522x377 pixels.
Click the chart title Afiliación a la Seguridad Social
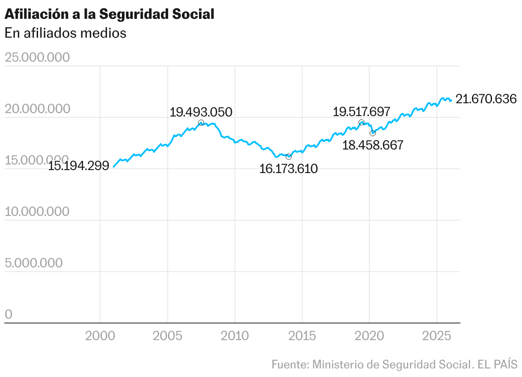pyautogui.click(x=109, y=14)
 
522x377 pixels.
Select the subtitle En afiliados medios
pyautogui.click(x=65, y=33)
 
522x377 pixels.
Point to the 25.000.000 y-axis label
pyautogui.click(x=37, y=57)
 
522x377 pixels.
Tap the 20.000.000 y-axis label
pyautogui.click(x=37, y=109)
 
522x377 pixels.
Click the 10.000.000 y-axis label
pyautogui.click(x=37, y=212)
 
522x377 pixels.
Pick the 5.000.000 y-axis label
pyautogui.click(x=34, y=263)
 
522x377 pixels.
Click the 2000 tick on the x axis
pyautogui.click(x=100, y=336)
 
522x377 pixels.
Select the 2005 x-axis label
pyautogui.click(x=167, y=336)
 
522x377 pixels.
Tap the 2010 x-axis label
pyautogui.click(x=235, y=336)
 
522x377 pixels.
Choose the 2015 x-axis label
pyautogui.click(x=302, y=336)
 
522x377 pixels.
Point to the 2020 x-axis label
pyautogui.click(x=369, y=336)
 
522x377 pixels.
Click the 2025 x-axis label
pyautogui.click(x=436, y=336)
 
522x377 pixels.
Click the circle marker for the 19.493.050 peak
pyautogui.click(x=201, y=123)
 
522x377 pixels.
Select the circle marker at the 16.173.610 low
pyautogui.click(x=288, y=157)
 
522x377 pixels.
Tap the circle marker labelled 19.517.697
pyautogui.click(x=361, y=123)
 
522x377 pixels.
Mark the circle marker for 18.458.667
pyautogui.click(x=373, y=133)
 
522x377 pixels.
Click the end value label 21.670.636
pyautogui.click(x=486, y=99)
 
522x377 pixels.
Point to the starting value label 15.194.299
pyautogui.click(x=79, y=166)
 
